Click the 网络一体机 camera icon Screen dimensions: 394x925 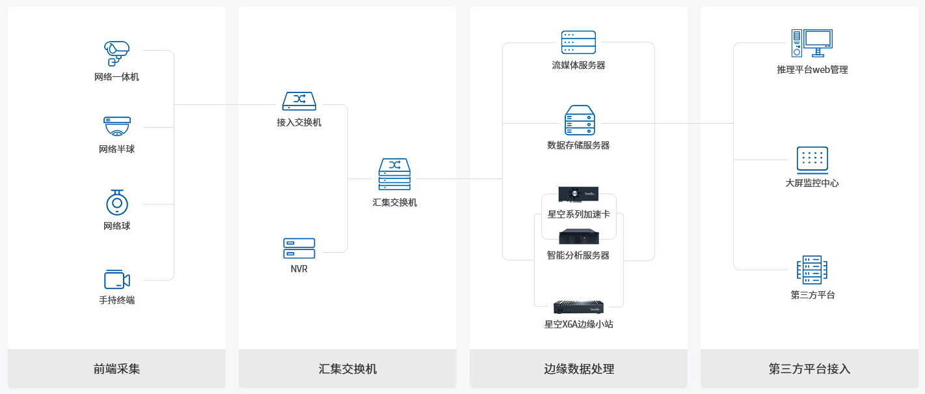117,53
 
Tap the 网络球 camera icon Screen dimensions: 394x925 117,203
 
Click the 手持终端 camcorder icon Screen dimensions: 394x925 117,279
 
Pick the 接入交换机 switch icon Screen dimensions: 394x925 299,100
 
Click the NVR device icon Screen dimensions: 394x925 299,248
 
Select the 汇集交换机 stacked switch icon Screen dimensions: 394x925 395,175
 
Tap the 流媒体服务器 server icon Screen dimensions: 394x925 578,42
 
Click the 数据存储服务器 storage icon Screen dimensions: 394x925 579,120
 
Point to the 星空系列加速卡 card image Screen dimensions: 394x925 578,194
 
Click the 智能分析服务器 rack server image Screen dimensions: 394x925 578,236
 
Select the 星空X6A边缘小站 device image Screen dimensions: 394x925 578,307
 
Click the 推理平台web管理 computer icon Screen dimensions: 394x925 812,44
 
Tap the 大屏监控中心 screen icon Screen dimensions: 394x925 812,159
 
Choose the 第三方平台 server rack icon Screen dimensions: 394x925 812,270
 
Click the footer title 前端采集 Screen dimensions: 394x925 117,369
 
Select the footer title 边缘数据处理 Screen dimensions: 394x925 578,369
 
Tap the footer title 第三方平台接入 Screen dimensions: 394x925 809,369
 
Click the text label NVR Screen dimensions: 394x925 299,269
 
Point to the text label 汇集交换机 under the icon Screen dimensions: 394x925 395,203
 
